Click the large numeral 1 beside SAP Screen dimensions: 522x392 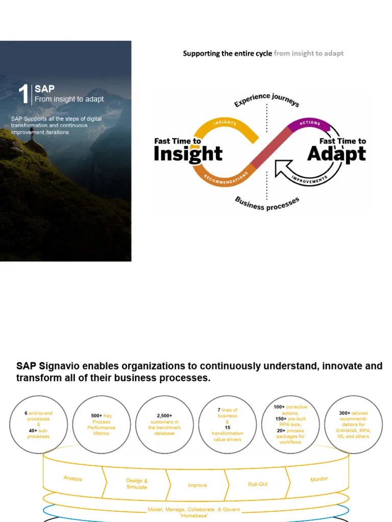click(23, 94)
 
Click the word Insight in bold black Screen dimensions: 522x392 click(188, 154)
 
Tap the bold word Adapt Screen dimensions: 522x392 click(336, 154)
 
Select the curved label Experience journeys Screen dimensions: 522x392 click(266, 100)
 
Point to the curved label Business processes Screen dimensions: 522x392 click(266, 203)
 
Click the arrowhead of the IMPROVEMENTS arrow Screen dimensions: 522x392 click(280, 168)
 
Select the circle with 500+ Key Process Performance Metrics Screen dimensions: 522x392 click(101, 424)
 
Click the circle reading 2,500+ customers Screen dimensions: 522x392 click(164, 424)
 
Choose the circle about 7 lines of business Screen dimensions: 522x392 click(228, 424)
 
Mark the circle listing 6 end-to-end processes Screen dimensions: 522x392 click(38, 424)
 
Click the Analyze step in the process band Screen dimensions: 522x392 click(73, 479)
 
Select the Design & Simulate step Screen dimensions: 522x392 click(137, 484)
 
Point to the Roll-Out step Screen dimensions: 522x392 click(258, 484)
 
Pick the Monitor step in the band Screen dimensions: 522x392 click(319, 479)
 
